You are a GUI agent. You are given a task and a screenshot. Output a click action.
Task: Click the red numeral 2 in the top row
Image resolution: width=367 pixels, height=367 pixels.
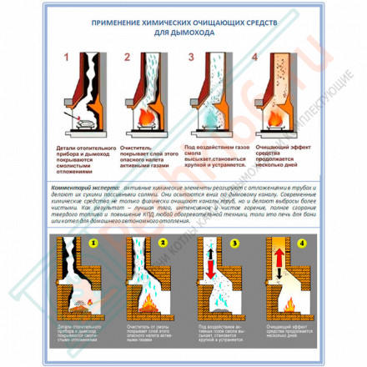(127, 58)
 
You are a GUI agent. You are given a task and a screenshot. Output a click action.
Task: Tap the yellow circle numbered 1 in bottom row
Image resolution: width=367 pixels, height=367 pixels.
(94, 244)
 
